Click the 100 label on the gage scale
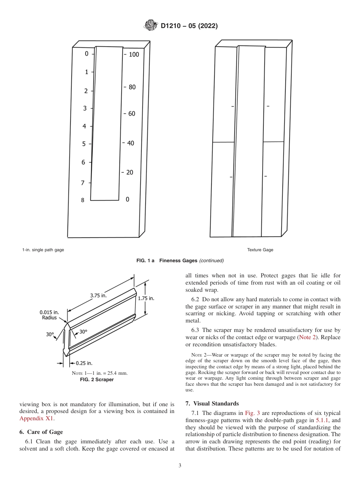click(134, 55)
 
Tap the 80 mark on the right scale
click(132, 87)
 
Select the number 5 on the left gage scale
click(84, 144)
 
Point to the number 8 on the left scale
click(83, 200)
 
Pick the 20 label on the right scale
click(130, 172)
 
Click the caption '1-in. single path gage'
click(43, 250)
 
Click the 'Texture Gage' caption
click(260, 250)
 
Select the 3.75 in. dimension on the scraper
click(98, 296)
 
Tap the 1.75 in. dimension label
click(146, 298)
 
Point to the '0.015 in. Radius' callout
click(49, 315)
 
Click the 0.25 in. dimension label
click(84, 363)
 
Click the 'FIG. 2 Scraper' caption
click(99, 379)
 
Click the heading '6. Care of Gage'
click(41, 432)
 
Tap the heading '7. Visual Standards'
click(212, 403)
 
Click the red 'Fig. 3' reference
click(252, 413)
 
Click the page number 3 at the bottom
click(180, 465)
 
